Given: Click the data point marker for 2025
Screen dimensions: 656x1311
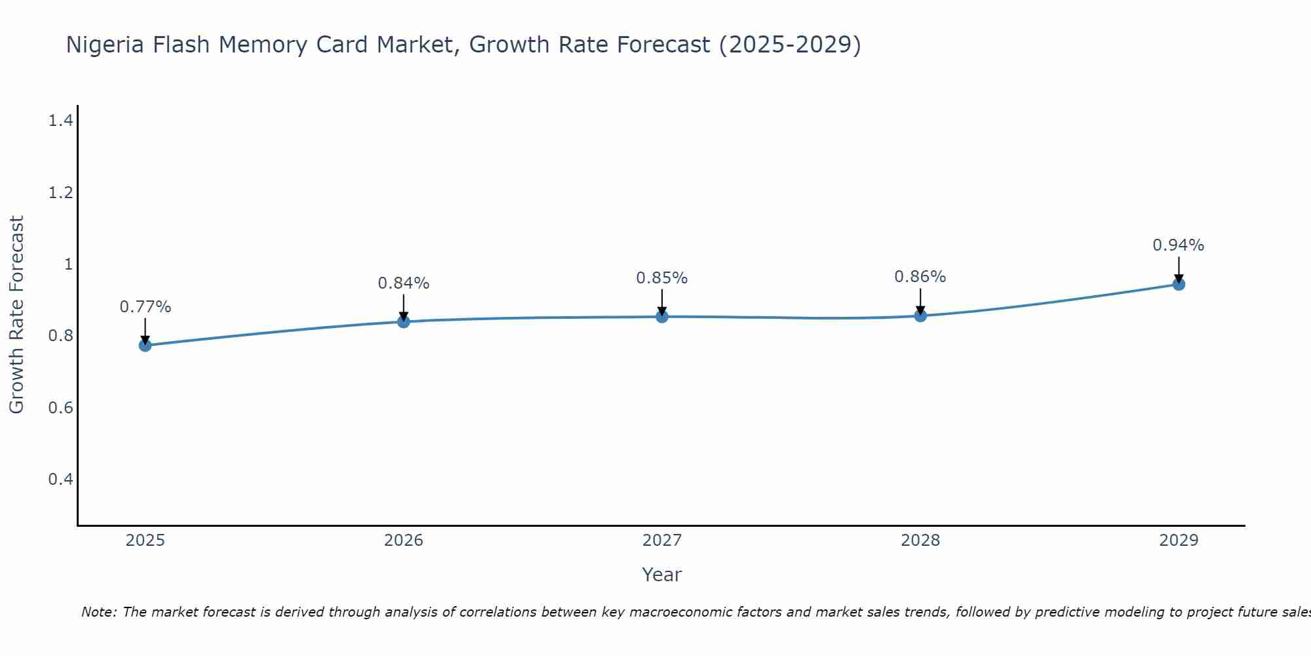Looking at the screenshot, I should [145, 345].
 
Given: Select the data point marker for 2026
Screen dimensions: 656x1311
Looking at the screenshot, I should [403, 321].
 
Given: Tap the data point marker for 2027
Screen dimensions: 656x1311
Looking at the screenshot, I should [662, 317].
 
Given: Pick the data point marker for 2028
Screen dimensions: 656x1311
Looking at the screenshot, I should [920, 316].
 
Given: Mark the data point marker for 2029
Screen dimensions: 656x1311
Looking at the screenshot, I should [1179, 284].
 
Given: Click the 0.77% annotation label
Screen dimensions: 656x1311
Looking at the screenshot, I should [145, 307].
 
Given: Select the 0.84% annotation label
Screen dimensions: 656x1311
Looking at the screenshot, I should [403, 283].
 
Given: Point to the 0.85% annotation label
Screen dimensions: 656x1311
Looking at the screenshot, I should [662, 278].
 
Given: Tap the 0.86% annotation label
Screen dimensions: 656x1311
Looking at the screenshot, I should [920, 277].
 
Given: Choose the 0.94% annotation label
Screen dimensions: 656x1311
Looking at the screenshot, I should [1179, 245].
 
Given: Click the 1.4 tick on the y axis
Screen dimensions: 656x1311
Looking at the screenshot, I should [60, 121].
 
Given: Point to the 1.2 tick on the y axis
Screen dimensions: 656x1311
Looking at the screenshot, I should [60, 193].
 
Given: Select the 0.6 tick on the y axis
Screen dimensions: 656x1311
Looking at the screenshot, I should [60, 408].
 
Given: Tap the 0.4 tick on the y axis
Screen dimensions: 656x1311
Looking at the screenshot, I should [60, 480].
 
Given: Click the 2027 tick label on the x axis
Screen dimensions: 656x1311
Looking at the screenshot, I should [662, 541].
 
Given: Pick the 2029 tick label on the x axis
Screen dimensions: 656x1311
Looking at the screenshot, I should [1179, 541].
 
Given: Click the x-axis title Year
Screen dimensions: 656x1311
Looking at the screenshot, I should [662, 575].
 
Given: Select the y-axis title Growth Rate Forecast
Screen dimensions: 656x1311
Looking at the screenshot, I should [16, 315].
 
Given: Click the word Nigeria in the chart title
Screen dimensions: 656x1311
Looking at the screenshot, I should [106, 45].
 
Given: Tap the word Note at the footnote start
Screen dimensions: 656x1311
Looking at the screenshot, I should [98, 612].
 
